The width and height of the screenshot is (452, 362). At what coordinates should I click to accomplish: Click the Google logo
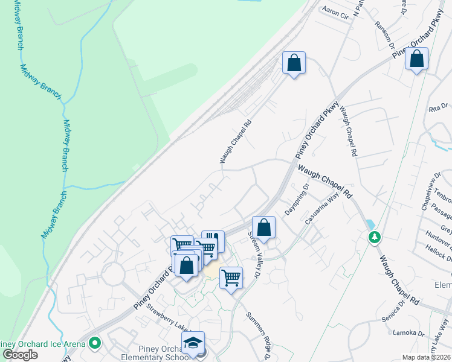[20, 355]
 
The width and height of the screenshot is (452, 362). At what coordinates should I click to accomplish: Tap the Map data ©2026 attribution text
[427, 357]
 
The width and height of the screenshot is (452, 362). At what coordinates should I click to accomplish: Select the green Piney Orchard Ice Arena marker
[94, 344]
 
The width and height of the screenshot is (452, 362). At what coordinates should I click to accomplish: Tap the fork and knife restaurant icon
[213, 240]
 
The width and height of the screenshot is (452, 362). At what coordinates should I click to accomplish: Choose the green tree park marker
[375, 237]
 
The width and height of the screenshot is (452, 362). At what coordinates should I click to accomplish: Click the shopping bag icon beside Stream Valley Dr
[263, 227]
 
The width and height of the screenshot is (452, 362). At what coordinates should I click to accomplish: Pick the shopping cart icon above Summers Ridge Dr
[231, 278]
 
